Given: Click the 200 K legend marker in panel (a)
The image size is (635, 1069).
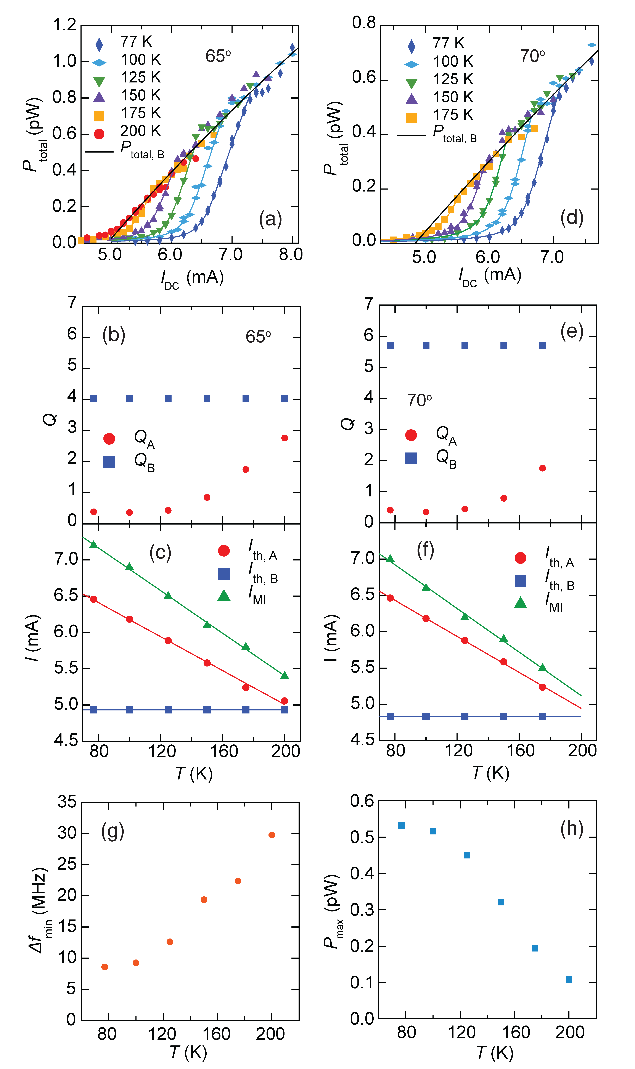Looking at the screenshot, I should [99, 134].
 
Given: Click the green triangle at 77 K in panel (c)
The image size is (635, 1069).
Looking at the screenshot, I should [93, 544].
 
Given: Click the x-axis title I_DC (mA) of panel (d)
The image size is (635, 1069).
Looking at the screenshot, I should [490, 276].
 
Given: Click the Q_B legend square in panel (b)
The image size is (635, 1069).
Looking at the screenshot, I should [109, 462].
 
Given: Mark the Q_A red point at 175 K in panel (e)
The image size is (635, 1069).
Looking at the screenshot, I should [543, 468].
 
